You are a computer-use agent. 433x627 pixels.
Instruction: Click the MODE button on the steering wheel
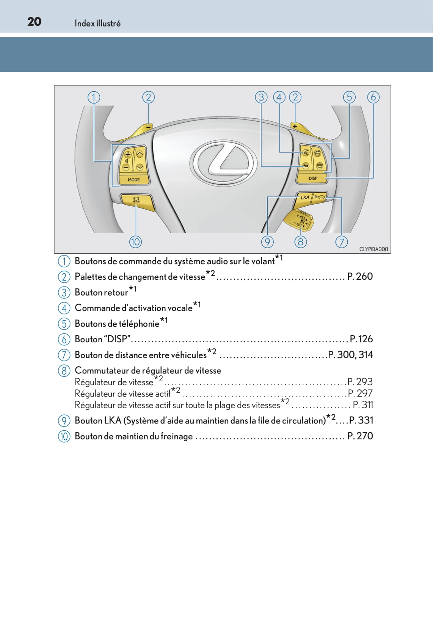pos(133,180)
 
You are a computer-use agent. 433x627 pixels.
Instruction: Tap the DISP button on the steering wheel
pos(313,178)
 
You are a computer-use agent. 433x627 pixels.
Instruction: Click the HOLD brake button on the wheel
pos(136,200)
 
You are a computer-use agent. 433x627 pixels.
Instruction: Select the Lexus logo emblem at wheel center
pos(223,163)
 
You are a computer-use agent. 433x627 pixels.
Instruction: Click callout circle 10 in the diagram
pos(135,241)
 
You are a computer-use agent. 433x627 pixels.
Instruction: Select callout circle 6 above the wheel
pos(373,97)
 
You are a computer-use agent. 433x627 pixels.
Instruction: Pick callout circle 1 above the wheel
pos(94,97)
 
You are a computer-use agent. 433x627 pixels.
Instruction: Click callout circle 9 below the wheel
pos(267,241)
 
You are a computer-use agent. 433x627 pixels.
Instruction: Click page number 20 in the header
pos(34,22)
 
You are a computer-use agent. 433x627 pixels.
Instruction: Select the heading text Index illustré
pos(97,24)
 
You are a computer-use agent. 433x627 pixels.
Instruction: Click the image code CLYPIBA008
pos(373,249)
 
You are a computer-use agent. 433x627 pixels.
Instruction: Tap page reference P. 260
pos(360,276)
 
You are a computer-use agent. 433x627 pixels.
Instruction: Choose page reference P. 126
pos(361,339)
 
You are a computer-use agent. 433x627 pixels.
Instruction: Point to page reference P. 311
pos(363,405)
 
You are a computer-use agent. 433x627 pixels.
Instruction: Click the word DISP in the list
pos(118,339)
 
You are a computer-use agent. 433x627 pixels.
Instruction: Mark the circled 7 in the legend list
pos(64,355)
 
